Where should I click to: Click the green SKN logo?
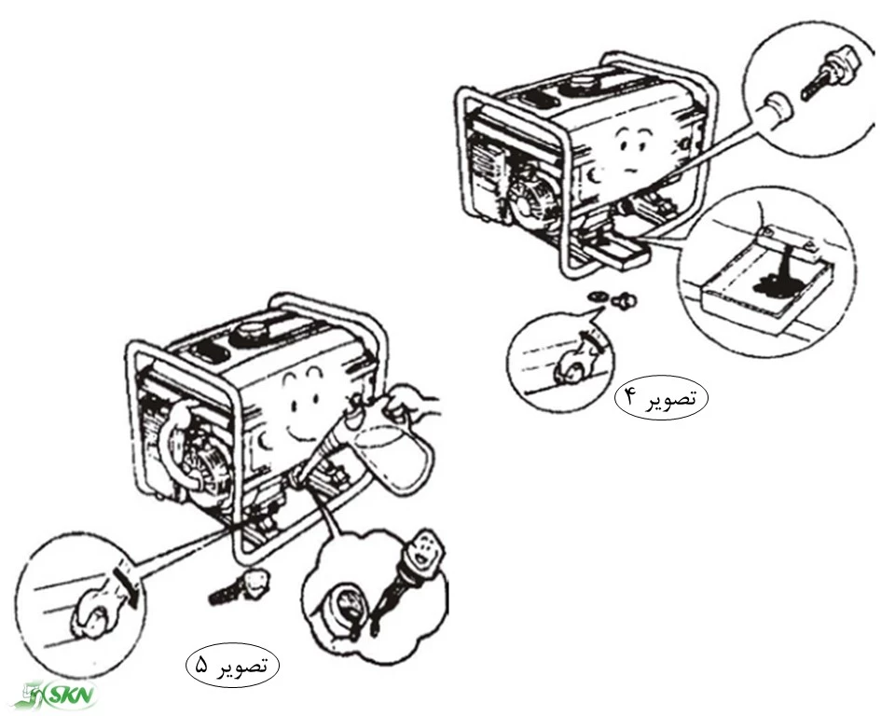60,695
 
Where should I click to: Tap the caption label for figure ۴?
661,398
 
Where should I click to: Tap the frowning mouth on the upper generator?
630,170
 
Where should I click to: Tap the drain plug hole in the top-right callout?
777,108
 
